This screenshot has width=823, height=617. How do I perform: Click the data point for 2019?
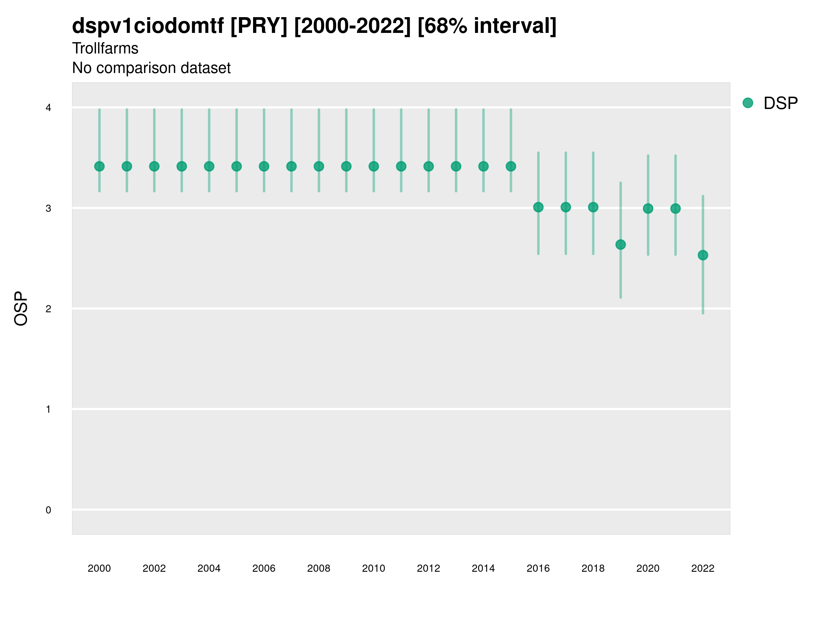pyautogui.click(x=621, y=245)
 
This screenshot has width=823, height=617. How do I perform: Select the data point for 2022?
pyautogui.click(x=703, y=255)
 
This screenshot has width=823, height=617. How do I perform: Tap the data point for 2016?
pyautogui.click(x=538, y=207)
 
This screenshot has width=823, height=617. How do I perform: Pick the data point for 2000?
pyautogui.click(x=99, y=166)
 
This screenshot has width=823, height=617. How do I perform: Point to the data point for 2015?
pyautogui.click(x=511, y=166)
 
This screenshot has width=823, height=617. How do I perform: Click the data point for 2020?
pyautogui.click(x=648, y=209)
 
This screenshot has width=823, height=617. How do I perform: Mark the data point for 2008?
pyautogui.click(x=319, y=166)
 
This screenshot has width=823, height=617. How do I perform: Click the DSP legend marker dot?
pyautogui.click(x=748, y=103)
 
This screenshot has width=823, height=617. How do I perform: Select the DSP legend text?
pyautogui.click(x=780, y=104)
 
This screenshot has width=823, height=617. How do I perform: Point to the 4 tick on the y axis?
pyautogui.click(x=48, y=108)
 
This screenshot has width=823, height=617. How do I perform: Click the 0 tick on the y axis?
pyautogui.click(x=48, y=510)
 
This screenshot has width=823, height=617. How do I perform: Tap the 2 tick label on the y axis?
pyautogui.click(x=48, y=309)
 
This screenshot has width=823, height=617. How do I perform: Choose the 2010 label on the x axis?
pyautogui.click(x=373, y=568)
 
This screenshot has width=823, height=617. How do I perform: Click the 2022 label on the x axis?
pyautogui.click(x=703, y=568)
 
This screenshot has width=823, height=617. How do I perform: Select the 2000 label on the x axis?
pyautogui.click(x=99, y=568)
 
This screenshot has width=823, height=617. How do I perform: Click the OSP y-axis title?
pyautogui.click(x=21, y=309)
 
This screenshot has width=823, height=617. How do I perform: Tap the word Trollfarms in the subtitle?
pyautogui.click(x=105, y=48)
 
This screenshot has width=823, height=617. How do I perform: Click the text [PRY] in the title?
pyautogui.click(x=259, y=26)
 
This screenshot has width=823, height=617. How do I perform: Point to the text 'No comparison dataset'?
pyautogui.click(x=152, y=68)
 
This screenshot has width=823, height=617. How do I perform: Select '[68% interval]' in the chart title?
pyautogui.click(x=487, y=26)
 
